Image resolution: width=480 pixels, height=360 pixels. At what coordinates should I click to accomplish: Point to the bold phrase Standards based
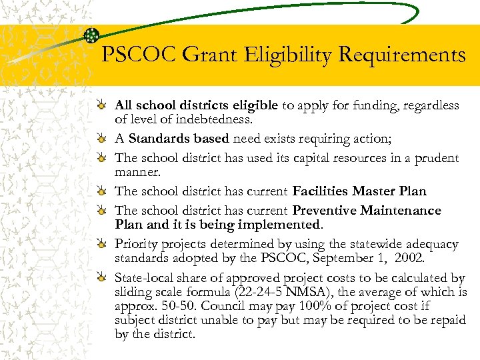[179, 139]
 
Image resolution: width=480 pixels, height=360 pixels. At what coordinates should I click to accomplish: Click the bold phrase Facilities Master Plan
[359, 191]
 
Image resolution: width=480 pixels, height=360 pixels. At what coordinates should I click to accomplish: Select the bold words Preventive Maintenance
[367, 211]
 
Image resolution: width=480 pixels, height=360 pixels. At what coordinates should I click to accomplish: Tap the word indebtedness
[217, 119]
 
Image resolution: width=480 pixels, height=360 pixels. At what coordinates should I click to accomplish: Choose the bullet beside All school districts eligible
[99, 106]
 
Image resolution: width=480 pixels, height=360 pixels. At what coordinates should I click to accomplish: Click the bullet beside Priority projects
[99, 244]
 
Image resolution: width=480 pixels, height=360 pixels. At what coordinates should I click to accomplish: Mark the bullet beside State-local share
[99, 278]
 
